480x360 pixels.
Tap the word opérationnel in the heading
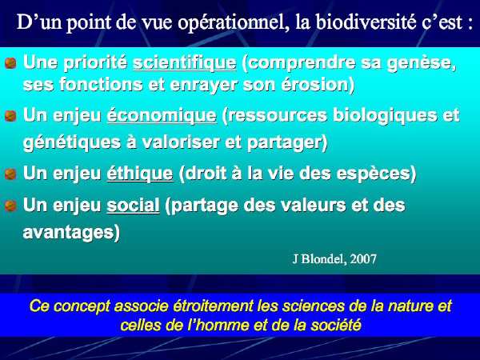tap(234, 23)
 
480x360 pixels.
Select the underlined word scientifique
tap(185, 63)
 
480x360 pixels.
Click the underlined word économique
tap(162, 116)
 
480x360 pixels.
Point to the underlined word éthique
tap(140, 174)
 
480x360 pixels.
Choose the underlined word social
tap(133, 205)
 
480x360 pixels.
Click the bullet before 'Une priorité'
tap(10, 63)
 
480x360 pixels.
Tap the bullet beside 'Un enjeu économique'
tap(10, 116)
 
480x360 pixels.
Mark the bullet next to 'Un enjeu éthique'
tap(10, 174)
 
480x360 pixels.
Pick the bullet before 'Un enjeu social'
tap(10, 206)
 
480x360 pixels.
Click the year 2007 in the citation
tap(363, 259)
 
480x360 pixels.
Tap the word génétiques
tap(72, 143)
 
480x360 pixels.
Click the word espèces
tap(377, 174)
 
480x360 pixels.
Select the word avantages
tap(71, 233)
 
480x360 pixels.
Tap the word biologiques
tap(385, 116)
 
